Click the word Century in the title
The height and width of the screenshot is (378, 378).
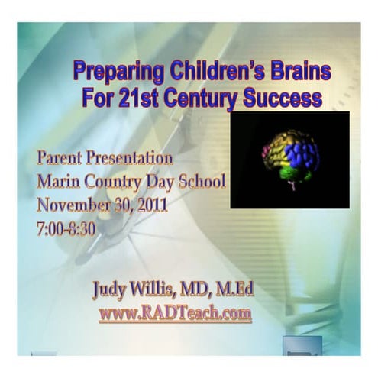205,99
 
